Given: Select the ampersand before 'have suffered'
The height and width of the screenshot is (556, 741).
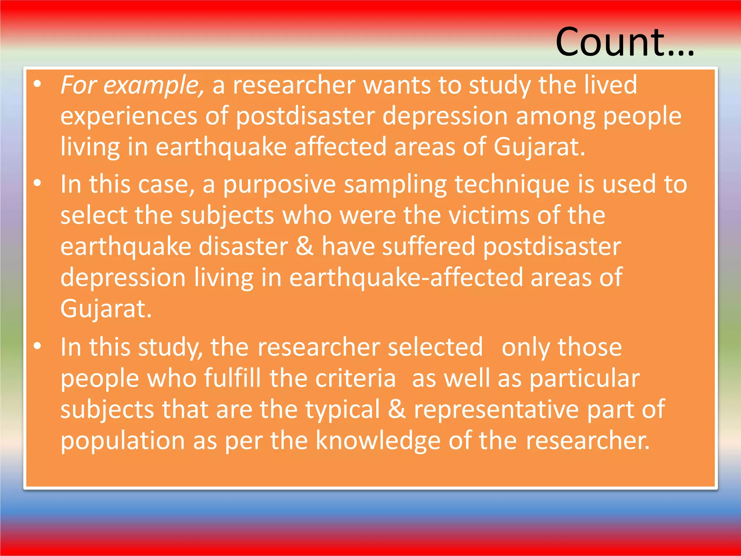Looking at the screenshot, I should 305,246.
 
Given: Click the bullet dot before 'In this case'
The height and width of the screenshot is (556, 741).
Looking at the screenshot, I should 37,184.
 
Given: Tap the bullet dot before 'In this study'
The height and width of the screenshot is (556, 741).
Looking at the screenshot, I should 37,346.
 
